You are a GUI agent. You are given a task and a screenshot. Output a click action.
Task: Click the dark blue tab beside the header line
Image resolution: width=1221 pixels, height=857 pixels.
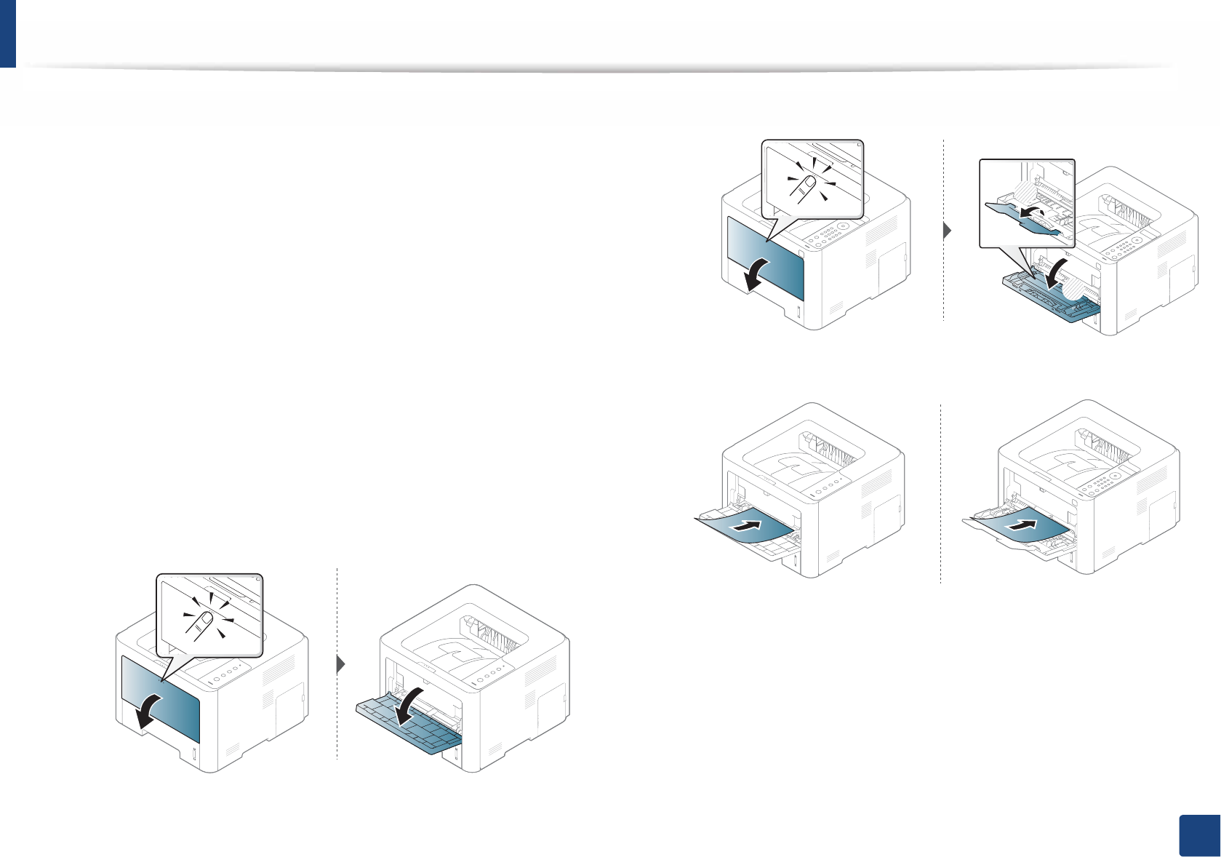pos(7,33)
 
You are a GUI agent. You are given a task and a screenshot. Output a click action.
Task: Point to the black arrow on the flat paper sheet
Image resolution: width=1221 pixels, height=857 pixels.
pos(1022,525)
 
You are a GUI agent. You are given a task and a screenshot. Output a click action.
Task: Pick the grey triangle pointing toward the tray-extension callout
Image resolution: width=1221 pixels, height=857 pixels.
pos(948,231)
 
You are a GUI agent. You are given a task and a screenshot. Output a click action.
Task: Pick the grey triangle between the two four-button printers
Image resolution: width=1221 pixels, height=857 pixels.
pos(340,664)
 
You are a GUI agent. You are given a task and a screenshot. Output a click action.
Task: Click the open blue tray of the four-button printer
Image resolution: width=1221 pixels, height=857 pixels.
pos(407,728)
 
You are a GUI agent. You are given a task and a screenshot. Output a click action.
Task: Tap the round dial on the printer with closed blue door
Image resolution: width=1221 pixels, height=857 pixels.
pos(843,226)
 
